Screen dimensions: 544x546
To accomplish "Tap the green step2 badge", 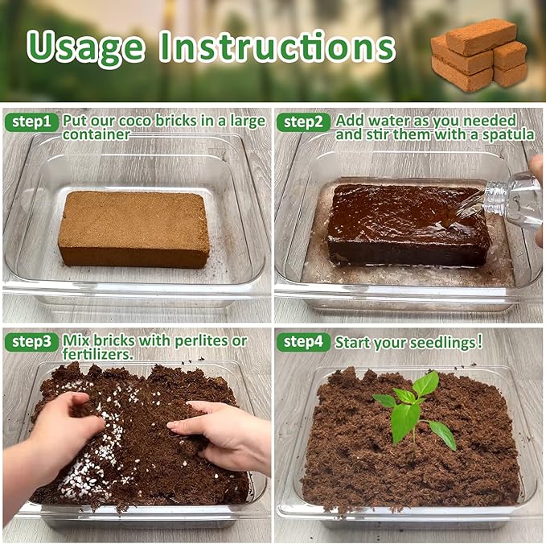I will click(x=303, y=122).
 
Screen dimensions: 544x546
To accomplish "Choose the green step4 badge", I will click(x=303, y=342).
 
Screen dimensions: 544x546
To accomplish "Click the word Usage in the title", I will click(x=87, y=47).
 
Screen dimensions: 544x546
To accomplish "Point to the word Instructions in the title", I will click(x=277, y=47).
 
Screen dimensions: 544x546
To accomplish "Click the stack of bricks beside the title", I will click(x=478, y=56).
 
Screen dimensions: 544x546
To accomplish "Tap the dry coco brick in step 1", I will click(x=133, y=229).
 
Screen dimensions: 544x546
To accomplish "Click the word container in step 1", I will click(x=96, y=135).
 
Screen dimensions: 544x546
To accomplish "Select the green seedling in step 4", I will click(x=412, y=410).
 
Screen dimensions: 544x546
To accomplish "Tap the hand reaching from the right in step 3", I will click(x=225, y=435).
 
